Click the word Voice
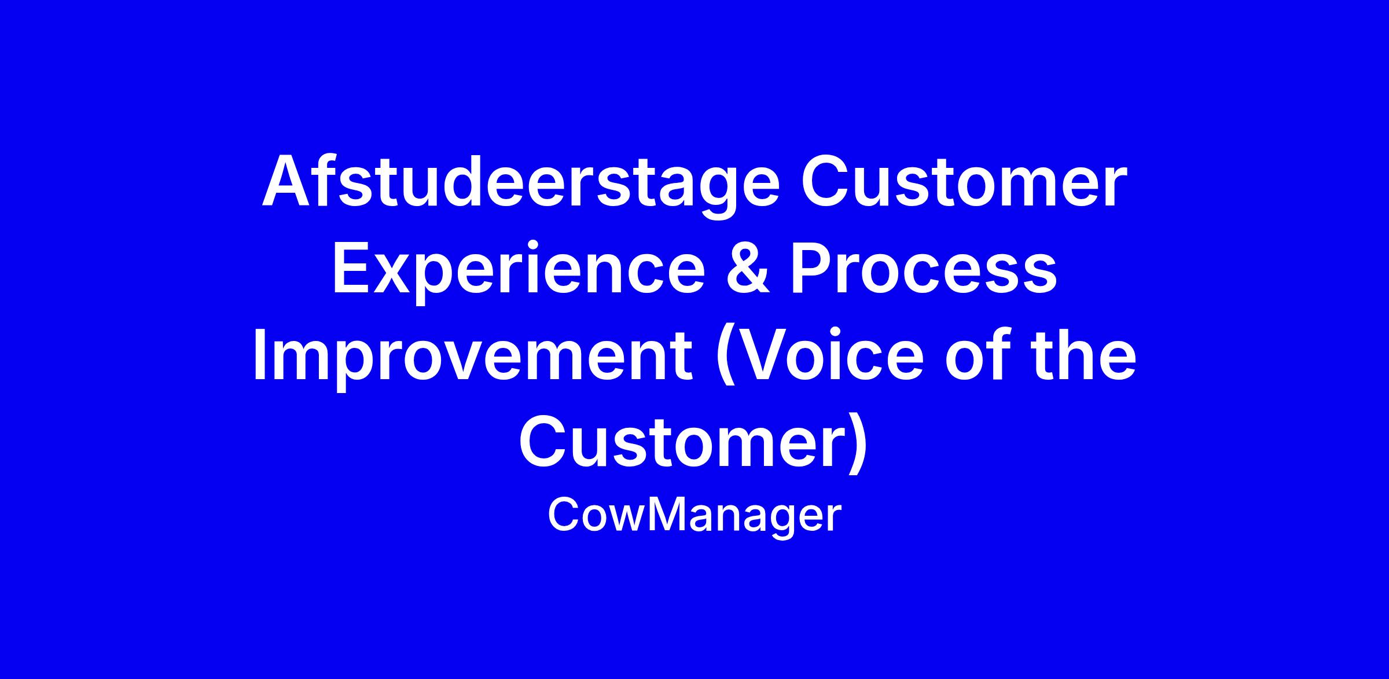click(820, 354)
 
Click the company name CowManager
click(694, 515)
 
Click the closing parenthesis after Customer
click(859, 442)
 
